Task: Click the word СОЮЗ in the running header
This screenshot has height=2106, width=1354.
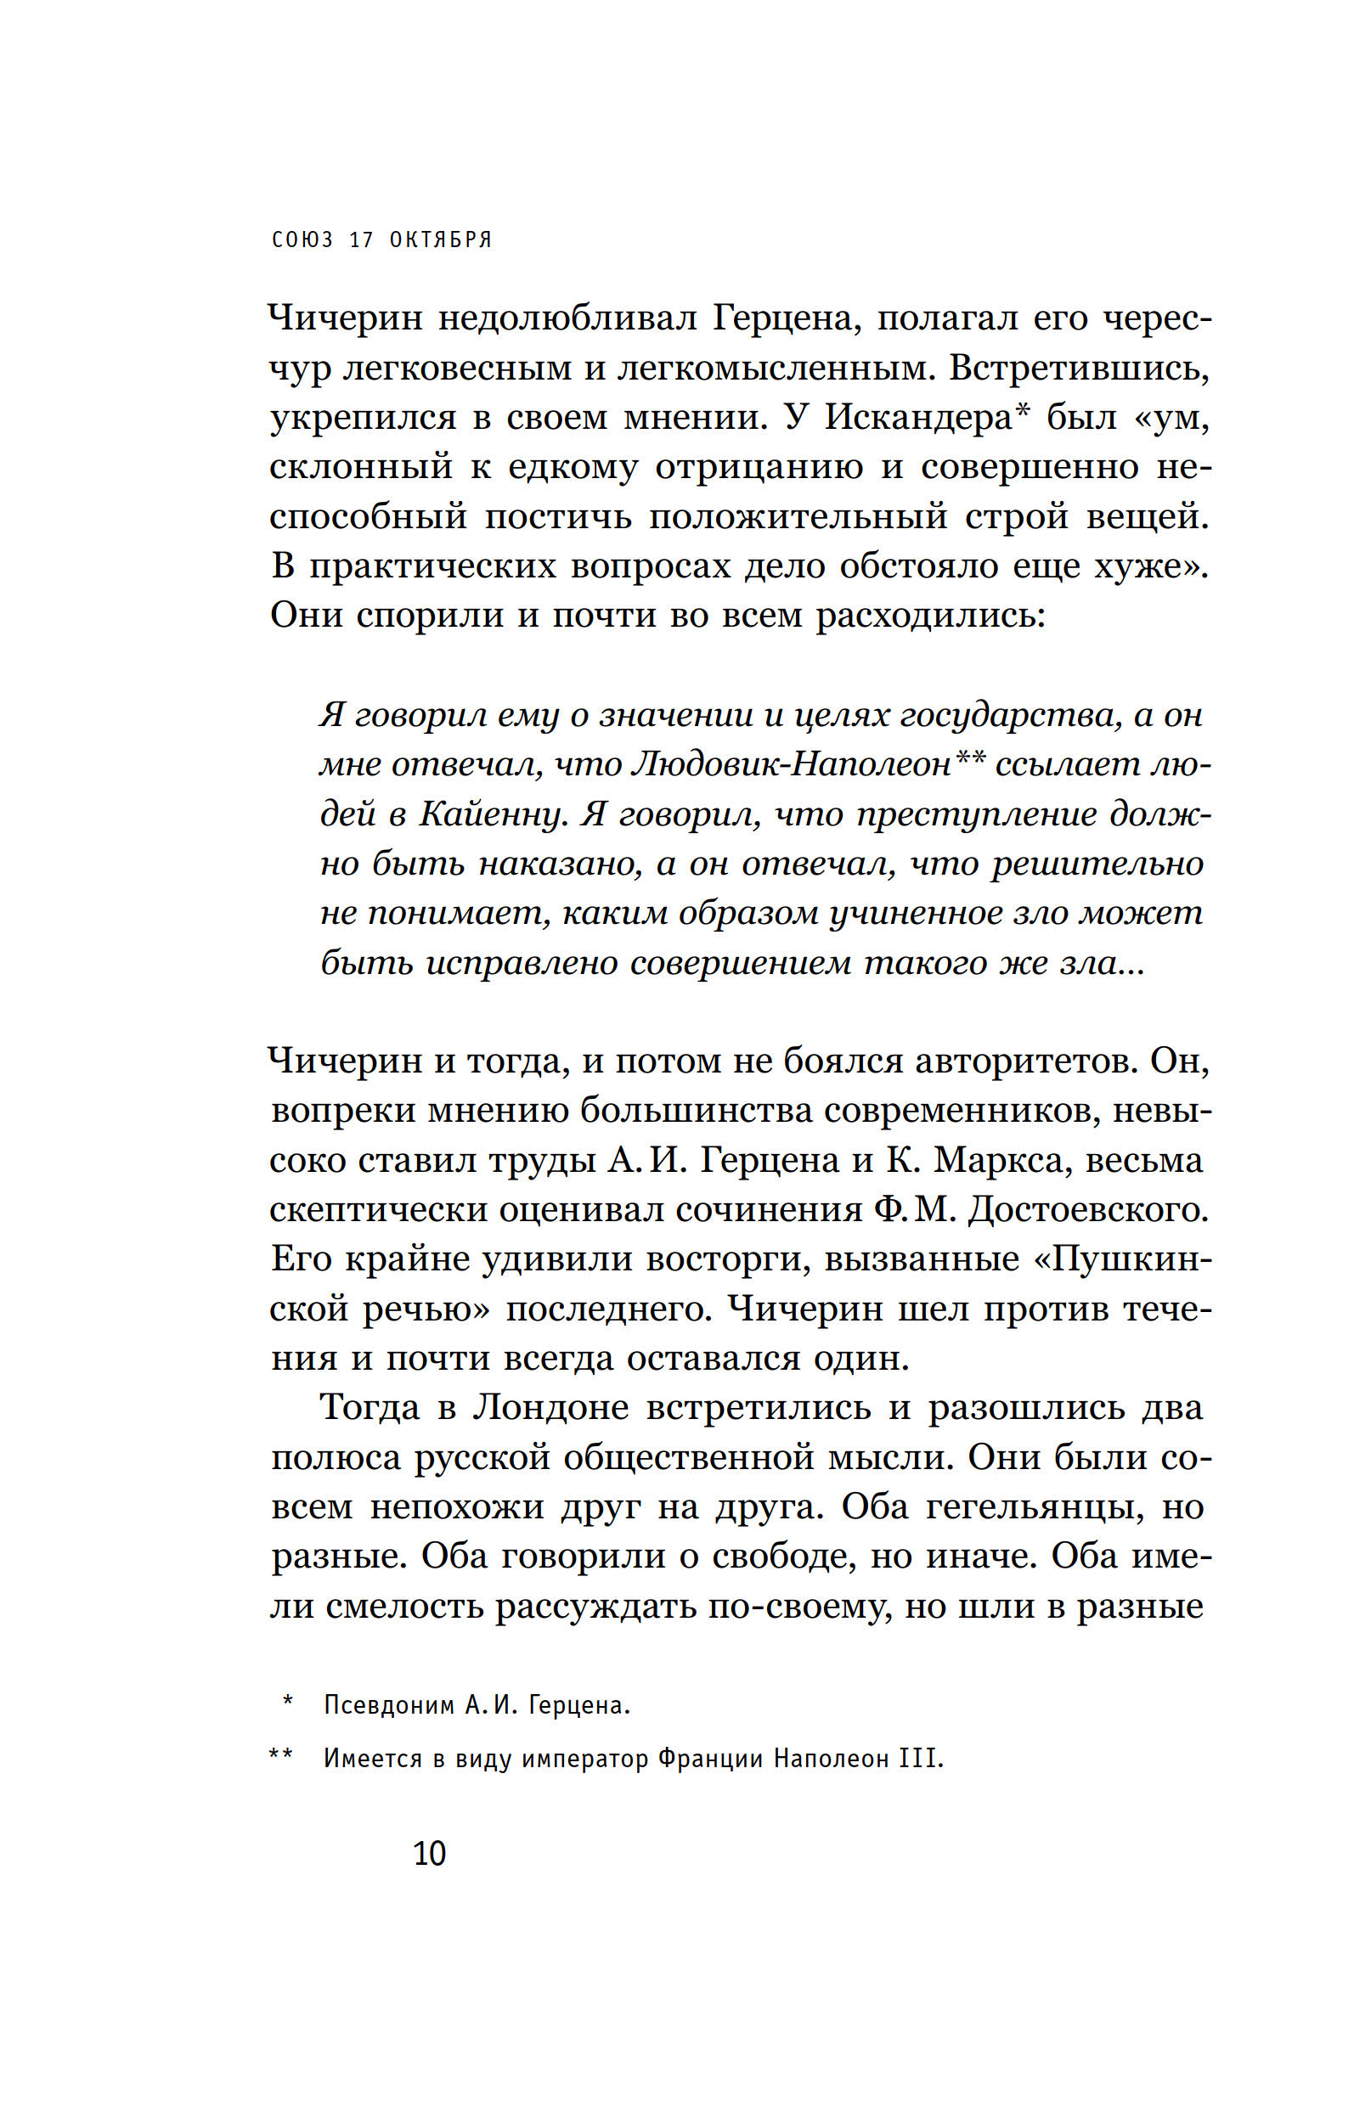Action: pyautogui.click(x=302, y=239)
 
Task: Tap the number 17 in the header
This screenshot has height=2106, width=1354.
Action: pyautogui.click(x=360, y=239)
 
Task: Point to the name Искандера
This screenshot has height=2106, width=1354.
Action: pyautogui.click(x=919, y=417)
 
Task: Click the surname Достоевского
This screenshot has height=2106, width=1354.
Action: pyautogui.click(x=1088, y=1209)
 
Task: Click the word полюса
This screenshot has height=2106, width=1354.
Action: pyautogui.click(x=335, y=1457)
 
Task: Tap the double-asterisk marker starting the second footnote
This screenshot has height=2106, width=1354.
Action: pyautogui.click(x=280, y=1755)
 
